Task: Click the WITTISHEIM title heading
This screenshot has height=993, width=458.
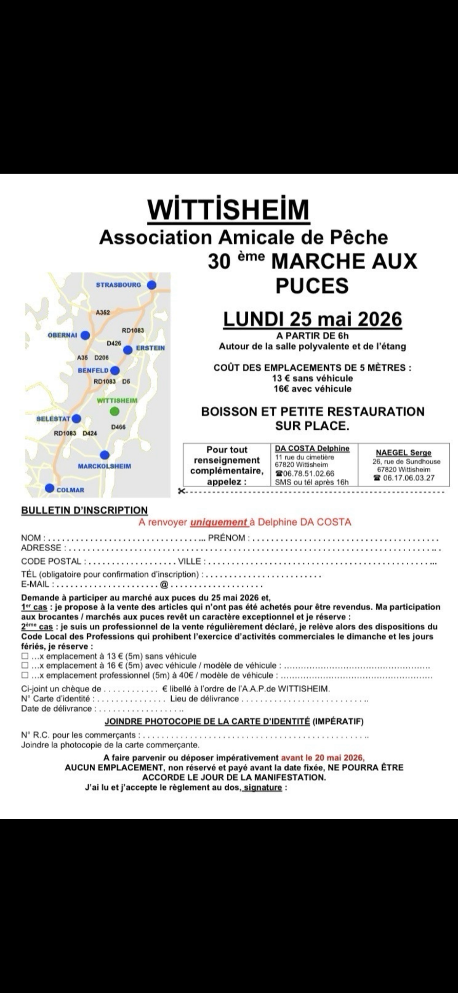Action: [229, 210]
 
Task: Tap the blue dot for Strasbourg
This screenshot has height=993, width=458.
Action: [152, 285]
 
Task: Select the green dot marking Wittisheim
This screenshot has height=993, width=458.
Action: [115, 411]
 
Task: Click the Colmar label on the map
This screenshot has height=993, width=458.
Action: [70, 490]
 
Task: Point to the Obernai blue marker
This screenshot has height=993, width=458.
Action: [85, 335]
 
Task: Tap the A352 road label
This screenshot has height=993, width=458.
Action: [103, 312]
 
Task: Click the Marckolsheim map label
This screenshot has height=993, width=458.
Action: [104, 466]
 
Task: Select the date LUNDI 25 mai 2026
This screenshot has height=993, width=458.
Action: [313, 319]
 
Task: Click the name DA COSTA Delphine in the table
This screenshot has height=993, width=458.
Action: [312, 448]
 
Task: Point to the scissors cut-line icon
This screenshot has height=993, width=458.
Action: [181, 491]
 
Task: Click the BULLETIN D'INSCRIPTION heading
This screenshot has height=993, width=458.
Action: [84, 510]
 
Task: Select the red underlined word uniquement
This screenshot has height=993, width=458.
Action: [218, 523]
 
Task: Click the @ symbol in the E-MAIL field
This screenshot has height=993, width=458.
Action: [163, 585]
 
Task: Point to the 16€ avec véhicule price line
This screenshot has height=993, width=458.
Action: [312, 389]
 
